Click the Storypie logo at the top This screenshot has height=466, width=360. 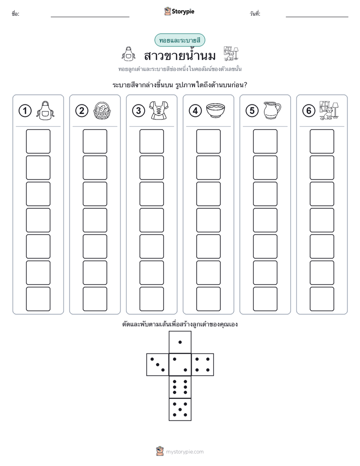(179, 12)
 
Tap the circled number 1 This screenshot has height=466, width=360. (25, 111)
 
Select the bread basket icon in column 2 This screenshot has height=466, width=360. (102, 110)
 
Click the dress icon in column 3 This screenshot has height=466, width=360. (159, 110)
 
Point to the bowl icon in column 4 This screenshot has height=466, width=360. (216, 110)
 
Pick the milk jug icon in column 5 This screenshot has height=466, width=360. (272, 110)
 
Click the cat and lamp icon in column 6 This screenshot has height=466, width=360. (329, 110)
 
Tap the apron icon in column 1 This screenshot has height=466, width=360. (45, 110)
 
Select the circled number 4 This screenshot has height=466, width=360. (195, 111)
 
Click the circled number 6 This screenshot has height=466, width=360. (309, 111)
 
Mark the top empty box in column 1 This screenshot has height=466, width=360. (38, 141)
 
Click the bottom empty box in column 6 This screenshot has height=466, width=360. (322, 299)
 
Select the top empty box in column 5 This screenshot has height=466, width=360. (265, 141)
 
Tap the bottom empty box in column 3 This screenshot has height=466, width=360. (151, 299)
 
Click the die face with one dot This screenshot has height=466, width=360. (180, 342)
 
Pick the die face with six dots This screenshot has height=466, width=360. (180, 387)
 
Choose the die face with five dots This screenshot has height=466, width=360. (180, 410)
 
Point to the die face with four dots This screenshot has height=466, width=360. (203, 365)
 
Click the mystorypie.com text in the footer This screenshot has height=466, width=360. (185, 452)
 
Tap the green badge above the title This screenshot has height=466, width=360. (179, 40)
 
